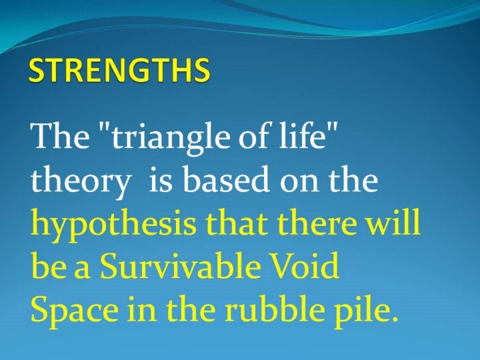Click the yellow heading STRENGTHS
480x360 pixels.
tap(119, 70)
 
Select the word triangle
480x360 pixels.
tap(170, 138)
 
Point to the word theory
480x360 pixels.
tap(80, 181)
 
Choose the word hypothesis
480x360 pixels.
tap(113, 225)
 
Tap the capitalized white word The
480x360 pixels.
tap(60, 135)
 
